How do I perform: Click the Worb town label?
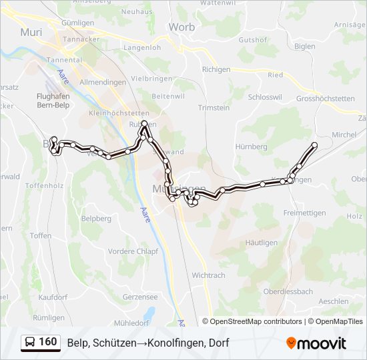181,27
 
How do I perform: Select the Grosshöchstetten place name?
326,98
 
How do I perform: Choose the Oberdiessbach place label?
288,291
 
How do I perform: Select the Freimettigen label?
304,213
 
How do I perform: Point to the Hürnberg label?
252,146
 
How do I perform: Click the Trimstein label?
214,108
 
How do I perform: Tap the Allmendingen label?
103,82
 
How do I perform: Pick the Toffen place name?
41,235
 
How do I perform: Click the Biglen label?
304,46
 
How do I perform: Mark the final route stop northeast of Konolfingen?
314,145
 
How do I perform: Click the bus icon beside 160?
30,343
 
